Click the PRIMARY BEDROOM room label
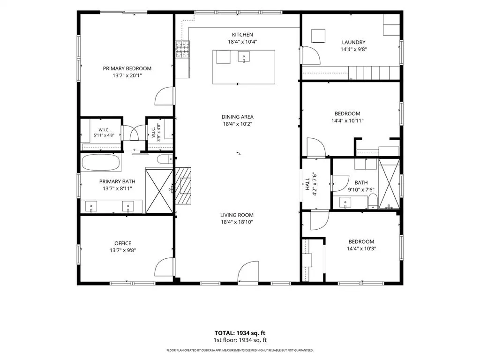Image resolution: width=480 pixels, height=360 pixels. pos(127,68)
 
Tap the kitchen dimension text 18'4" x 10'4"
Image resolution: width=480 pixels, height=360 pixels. pos(242,42)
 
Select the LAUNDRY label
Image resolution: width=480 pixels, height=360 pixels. pos(353,42)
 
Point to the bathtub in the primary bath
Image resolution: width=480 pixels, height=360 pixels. pos(101,162)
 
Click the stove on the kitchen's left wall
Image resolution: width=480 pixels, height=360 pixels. pos(182,49)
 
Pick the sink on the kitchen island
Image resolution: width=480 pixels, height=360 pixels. pos(244,57)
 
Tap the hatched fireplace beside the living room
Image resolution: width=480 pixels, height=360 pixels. pos(183,186)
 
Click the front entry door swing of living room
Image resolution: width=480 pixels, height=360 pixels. pos(248,271)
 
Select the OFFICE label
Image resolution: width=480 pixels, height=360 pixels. pos(123,243)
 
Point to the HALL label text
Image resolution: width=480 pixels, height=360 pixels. pos(307,184)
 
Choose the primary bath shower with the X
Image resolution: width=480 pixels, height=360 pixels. pos(159,191)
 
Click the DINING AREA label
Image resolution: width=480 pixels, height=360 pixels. pos(238,117)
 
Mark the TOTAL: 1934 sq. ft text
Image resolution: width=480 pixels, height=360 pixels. pos(240,333)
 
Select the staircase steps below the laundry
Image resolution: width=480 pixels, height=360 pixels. pos(374,73)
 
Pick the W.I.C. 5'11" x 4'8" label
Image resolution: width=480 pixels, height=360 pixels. pos(104,133)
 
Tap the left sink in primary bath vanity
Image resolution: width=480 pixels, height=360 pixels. pos(91,206)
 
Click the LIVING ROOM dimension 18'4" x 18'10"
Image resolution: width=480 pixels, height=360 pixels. pos(237,222)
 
